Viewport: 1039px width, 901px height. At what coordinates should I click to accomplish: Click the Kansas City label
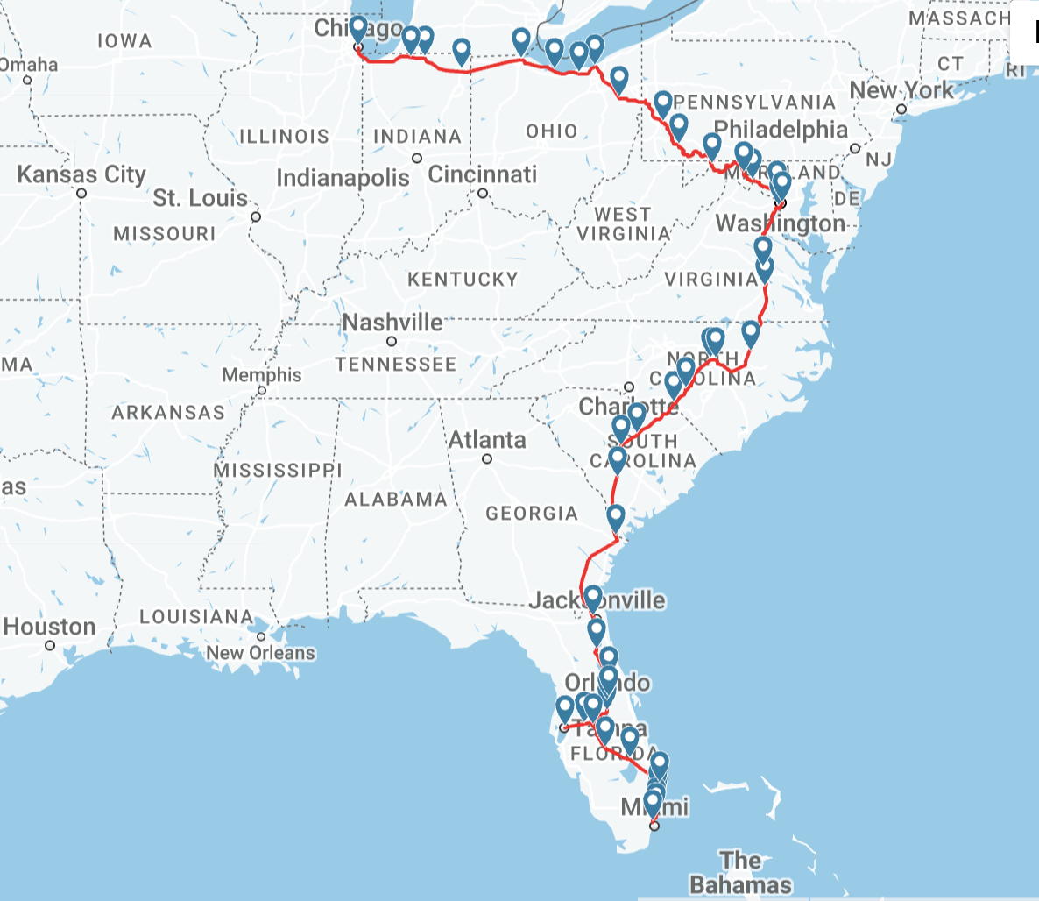pos(81,174)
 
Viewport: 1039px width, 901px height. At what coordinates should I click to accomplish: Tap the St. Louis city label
pos(201,198)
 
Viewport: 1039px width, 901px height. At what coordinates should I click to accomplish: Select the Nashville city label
pos(392,323)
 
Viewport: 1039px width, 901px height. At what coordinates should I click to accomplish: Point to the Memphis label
pos(261,375)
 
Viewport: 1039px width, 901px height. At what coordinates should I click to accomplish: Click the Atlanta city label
pos(487,440)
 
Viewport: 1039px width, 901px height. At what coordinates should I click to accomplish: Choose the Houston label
pos(50,627)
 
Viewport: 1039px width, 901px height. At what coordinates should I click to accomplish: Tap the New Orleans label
pos(261,653)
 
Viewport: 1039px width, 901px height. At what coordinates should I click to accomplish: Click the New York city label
pos(901,90)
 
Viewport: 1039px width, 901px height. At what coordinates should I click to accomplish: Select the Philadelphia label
pos(781,130)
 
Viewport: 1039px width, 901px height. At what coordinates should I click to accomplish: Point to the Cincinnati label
pos(482,174)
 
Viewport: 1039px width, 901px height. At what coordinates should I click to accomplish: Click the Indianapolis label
pos(343,178)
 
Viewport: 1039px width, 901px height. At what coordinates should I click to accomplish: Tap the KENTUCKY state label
pos(463,280)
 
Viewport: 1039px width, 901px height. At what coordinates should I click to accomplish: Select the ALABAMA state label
pos(396,500)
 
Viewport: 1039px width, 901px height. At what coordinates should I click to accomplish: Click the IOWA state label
pos(124,41)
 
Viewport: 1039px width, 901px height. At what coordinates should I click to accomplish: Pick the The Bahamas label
pos(740,872)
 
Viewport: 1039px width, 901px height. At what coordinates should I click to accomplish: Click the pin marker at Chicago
pos(358,29)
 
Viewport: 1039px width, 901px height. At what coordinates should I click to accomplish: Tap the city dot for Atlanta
pos(487,458)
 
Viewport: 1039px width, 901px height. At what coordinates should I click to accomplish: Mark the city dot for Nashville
pos(392,341)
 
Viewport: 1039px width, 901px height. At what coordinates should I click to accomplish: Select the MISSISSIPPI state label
pos(278,471)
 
